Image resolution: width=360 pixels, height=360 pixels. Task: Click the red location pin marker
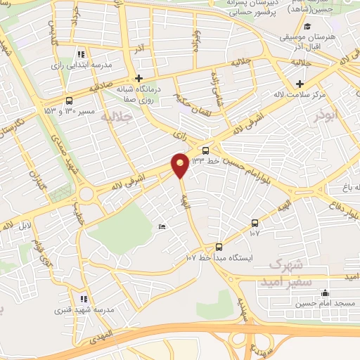pos(180,165)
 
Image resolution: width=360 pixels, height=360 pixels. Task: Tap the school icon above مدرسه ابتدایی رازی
pos(82,53)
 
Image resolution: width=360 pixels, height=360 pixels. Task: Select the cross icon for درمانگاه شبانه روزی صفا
pos(139,78)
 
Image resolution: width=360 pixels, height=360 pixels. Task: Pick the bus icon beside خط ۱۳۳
pos(205,150)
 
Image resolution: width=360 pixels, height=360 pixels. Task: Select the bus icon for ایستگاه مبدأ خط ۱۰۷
pos(219,246)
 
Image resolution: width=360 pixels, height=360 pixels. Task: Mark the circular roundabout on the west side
pos(86,194)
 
